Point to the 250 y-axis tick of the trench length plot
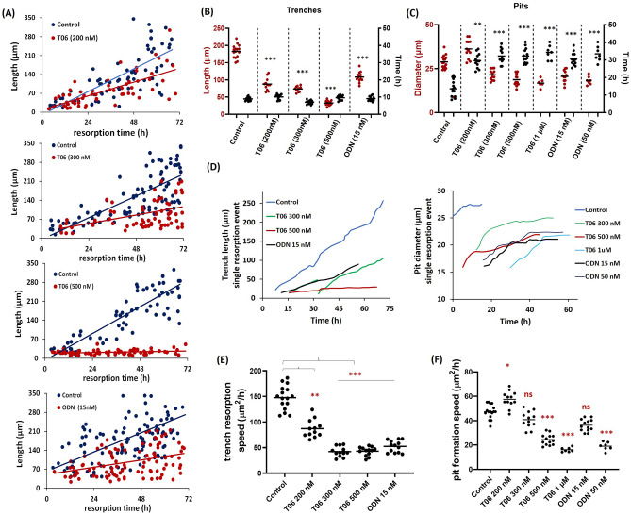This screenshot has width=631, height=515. [248, 202]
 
